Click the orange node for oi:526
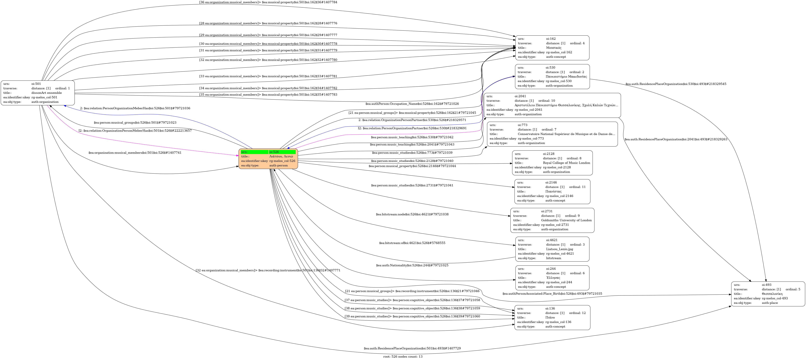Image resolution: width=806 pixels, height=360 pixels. point(268,159)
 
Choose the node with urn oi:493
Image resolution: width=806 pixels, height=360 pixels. point(768,294)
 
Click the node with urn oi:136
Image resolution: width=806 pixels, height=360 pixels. point(552,317)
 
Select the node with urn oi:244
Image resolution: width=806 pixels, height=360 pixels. point(552,278)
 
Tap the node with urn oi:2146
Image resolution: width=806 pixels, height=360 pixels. point(552,192)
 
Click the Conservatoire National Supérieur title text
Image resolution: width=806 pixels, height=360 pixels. point(566,134)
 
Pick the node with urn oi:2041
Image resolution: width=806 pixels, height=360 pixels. point(552,105)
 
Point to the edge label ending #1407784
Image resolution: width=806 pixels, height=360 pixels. point(268,2)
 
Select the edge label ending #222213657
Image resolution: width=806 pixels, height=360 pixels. point(135,131)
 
